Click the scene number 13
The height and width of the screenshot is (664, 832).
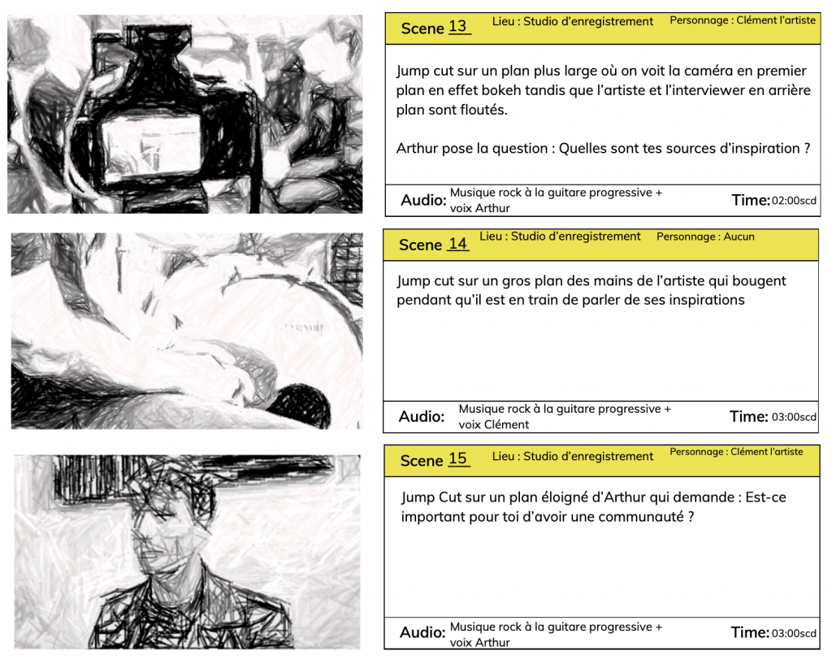[457, 27]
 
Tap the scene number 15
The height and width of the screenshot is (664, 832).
[457, 458]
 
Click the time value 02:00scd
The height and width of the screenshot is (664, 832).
[794, 201]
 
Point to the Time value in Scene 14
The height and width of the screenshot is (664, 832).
[794, 417]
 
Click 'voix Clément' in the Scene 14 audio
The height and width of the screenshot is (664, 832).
[493, 424]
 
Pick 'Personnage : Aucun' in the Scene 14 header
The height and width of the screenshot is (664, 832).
[705, 237]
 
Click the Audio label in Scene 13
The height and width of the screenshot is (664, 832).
[423, 200]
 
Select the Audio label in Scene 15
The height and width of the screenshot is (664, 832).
[422, 632]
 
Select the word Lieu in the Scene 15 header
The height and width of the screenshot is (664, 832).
[502, 457]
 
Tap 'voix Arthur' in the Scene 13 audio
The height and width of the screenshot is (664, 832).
[479, 208]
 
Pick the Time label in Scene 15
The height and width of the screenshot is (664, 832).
[750, 632]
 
